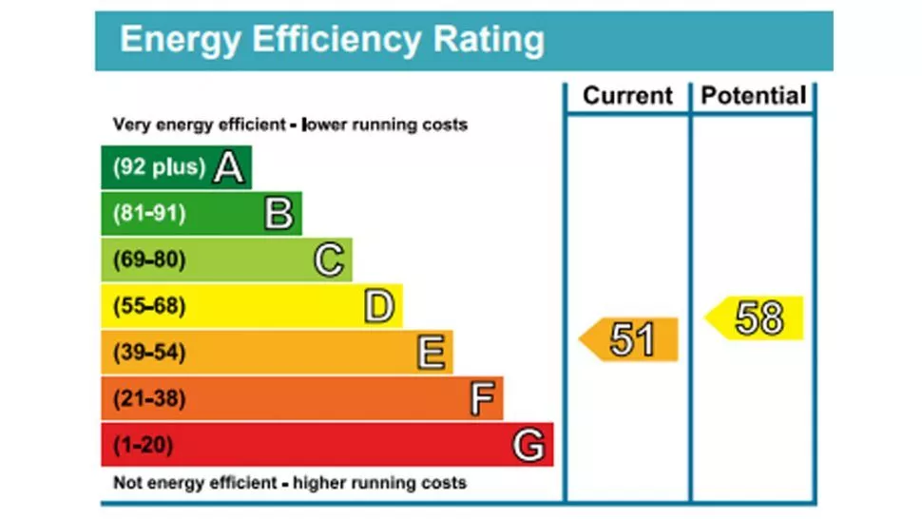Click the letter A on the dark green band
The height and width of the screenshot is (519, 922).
tap(229, 167)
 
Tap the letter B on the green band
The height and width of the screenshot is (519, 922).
tap(279, 214)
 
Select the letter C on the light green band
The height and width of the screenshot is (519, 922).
tap(329, 259)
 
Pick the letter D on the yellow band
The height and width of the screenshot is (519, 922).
tap(379, 306)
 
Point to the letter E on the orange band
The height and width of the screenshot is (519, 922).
tap(431, 353)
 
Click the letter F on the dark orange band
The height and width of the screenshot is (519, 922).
tap(483, 398)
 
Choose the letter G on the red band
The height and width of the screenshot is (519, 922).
tap(529, 445)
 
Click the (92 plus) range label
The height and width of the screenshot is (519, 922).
tap(159, 167)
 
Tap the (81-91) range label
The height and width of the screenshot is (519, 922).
tap(149, 214)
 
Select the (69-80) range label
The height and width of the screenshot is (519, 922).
tap(149, 259)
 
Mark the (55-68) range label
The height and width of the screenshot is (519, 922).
tap(149, 306)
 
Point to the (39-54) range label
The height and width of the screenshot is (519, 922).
tap(149, 353)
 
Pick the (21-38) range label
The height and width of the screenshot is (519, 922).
tap(149, 398)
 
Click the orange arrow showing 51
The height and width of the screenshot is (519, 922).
tap(629, 339)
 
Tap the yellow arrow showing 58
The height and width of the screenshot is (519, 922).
tap(756, 318)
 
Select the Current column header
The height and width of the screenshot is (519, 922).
tap(627, 96)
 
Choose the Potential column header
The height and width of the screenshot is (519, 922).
tap(754, 96)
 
